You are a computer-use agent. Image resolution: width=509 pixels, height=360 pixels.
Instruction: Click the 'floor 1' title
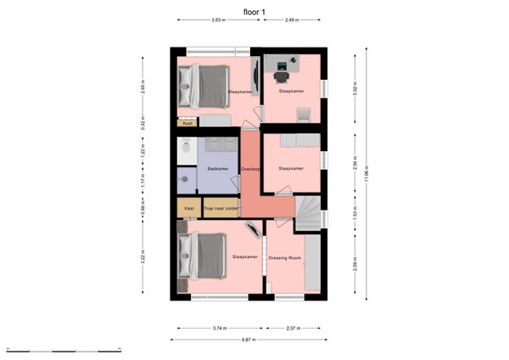255,12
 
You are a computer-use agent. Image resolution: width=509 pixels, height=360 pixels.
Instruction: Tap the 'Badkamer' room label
218,169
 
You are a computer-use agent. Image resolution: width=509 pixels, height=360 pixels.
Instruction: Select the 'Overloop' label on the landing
251,169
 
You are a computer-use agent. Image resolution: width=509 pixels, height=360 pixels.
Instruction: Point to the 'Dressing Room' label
285,257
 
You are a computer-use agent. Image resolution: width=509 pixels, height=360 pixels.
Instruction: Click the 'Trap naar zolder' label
221,208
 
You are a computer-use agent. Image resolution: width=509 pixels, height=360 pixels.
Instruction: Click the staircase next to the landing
309,212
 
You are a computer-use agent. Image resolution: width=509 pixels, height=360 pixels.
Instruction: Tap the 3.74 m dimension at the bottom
219,327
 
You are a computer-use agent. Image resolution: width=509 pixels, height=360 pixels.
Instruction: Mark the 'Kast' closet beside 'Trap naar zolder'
189,208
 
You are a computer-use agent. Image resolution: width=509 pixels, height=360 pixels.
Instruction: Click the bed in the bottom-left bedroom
204,256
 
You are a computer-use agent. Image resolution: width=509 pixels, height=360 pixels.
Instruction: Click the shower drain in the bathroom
182,180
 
